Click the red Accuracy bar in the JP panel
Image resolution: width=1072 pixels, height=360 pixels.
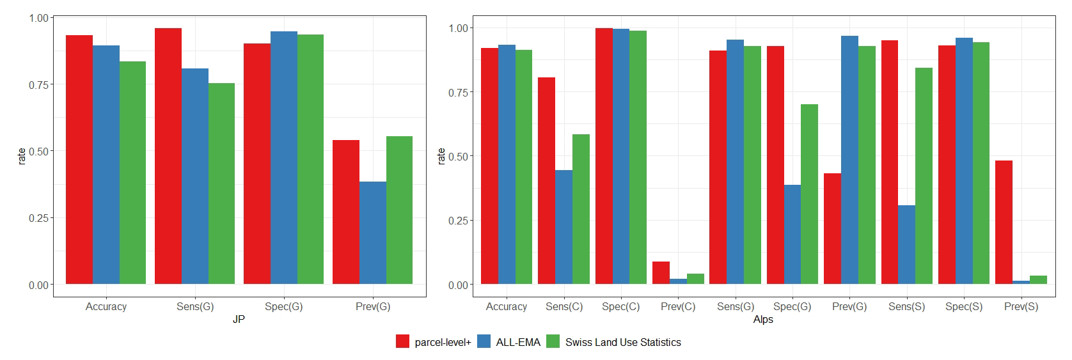79,160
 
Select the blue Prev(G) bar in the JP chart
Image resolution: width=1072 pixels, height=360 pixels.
372,233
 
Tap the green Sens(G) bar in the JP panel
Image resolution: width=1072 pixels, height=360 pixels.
221,184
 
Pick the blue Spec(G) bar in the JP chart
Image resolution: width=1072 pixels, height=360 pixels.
283,158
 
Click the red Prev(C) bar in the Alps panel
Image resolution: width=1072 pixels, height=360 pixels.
661,273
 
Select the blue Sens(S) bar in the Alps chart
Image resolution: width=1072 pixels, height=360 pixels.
906,245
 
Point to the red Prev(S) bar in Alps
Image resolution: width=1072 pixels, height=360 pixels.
1004,223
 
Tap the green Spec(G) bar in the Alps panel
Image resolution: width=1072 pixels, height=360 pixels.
809,194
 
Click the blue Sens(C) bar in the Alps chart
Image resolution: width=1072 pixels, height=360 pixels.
564,227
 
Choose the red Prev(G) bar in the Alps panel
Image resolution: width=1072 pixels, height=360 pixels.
832,229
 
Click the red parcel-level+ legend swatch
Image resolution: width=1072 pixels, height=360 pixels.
402,342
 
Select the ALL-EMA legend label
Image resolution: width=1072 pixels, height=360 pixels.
518,343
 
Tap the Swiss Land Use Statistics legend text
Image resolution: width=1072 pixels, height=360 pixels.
623,343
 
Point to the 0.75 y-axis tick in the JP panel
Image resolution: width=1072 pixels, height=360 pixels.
38,85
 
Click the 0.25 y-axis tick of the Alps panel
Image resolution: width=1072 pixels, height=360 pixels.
458,221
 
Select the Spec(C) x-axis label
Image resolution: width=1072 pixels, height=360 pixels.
620,307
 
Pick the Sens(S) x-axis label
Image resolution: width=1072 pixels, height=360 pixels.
906,307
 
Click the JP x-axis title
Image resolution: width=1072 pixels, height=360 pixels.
239,319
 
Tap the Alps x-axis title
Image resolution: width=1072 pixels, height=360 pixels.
763,319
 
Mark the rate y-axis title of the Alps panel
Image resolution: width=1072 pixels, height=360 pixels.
441,156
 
